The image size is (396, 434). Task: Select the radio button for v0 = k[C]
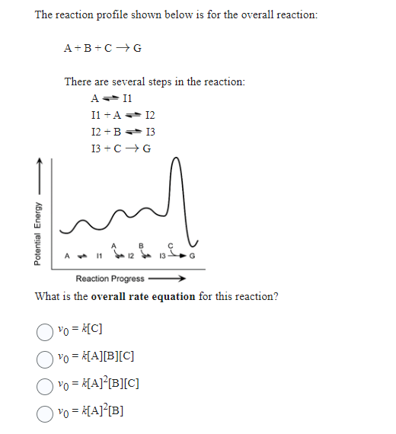tap(46, 330)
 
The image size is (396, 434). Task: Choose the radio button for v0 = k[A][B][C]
tap(46, 357)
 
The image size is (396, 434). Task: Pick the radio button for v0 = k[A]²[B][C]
tap(46, 384)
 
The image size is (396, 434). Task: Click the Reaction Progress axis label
tap(110, 279)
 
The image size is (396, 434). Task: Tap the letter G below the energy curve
tap(191, 256)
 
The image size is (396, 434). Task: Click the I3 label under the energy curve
tap(162, 256)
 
